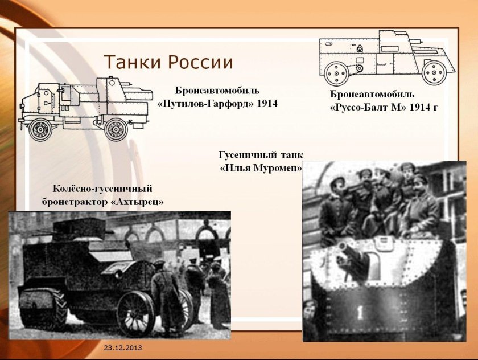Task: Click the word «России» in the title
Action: tap(199, 62)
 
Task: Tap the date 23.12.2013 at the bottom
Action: tap(123, 347)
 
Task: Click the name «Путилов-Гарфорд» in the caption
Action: tap(205, 104)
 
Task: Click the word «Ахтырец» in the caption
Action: tap(140, 202)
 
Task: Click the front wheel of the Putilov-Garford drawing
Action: tap(40, 129)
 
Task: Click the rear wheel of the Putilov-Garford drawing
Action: tap(116, 129)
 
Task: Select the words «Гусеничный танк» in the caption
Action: tap(261, 154)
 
